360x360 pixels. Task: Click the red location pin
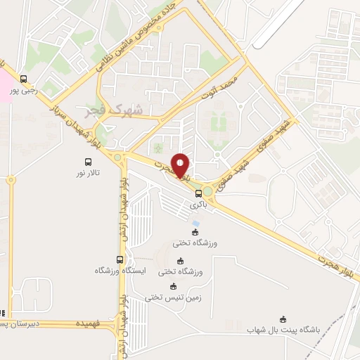pyautogui.click(x=180, y=167)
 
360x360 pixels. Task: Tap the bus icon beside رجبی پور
pyautogui.click(x=25, y=79)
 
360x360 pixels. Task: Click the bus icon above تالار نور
pyautogui.click(x=88, y=161)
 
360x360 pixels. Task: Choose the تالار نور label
pyautogui.click(x=89, y=172)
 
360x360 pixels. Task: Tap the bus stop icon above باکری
pyautogui.click(x=198, y=193)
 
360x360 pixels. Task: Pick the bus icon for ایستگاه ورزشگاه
pyautogui.click(x=118, y=259)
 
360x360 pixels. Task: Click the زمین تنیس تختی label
pyautogui.click(x=174, y=297)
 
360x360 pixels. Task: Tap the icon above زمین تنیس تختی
pyautogui.click(x=174, y=285)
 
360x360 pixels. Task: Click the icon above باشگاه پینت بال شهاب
pyautogui.click(x=283, y=319)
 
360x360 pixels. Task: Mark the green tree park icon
pyautogui.click(x=158, y=147)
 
